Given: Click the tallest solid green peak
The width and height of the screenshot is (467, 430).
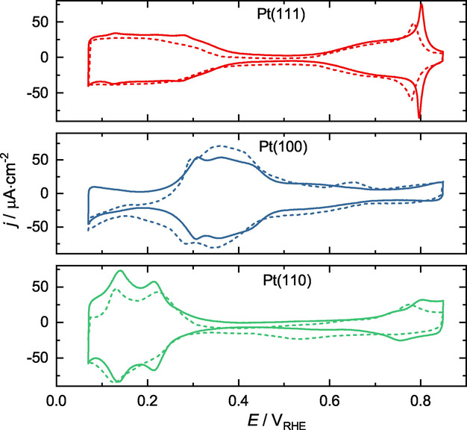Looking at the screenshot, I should pyautogui.click(x=120, y=271).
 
